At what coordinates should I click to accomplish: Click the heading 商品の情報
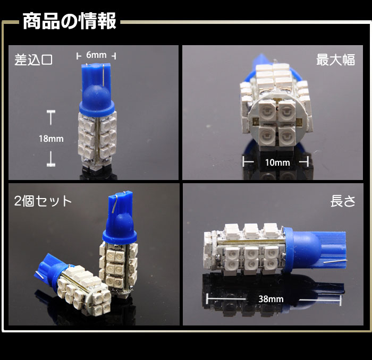click(x=69, y=21)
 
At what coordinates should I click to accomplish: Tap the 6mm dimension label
click(x=96, y=55)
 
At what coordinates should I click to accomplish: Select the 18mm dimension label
click(x=51, y=139)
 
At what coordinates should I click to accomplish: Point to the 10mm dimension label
click(x=277, y=162)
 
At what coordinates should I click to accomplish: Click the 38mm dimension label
click(x=271, y=299)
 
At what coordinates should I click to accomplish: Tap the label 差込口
click(x=33, y=59)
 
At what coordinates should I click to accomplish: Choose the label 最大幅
click(x=335, y=59)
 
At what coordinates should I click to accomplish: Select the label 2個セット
click(x=43, y=201)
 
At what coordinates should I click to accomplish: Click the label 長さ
click(x=343, y=201)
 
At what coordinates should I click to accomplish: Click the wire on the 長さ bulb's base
click(x=332, y=262)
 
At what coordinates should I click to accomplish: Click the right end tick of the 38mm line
click(x=341, y=300)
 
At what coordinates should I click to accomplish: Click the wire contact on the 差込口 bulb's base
click(x=104, y=75)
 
